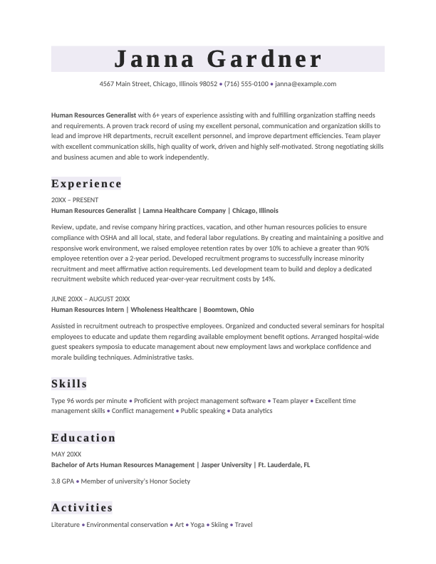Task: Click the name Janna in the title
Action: click(152, 59)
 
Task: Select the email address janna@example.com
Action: click(306, 84)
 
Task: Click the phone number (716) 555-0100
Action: click(246, 84)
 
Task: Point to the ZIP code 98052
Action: click(208, 84)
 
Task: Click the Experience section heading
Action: click(87, 184)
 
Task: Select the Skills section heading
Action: click(69, 384)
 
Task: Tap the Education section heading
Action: click(83, 437)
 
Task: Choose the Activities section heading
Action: click(82, 508)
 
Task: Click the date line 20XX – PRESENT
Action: click(75, 200)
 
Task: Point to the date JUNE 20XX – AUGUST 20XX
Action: click(90, 299)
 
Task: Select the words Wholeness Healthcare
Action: click(163, 310)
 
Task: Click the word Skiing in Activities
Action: click(219, 525)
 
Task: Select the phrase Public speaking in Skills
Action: click(202, 411)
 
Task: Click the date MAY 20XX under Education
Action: click(66, 454)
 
